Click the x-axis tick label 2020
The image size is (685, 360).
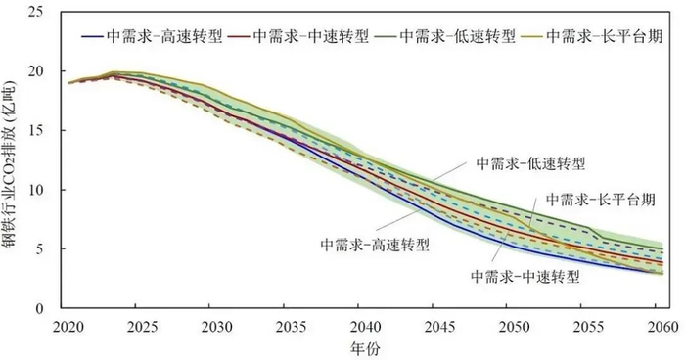[x=68, y=324]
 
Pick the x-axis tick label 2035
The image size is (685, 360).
[x=290, y=324]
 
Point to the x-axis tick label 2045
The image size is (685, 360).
[x=437, y=324]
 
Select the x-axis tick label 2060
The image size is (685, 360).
[x=661, y=324]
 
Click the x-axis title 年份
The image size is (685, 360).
[x=364, y=345]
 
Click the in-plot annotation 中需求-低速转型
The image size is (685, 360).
[x=523, y=162]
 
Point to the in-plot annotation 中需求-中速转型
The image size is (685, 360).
[x=525, y=277]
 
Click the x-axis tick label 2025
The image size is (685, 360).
[x=142, y=324]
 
